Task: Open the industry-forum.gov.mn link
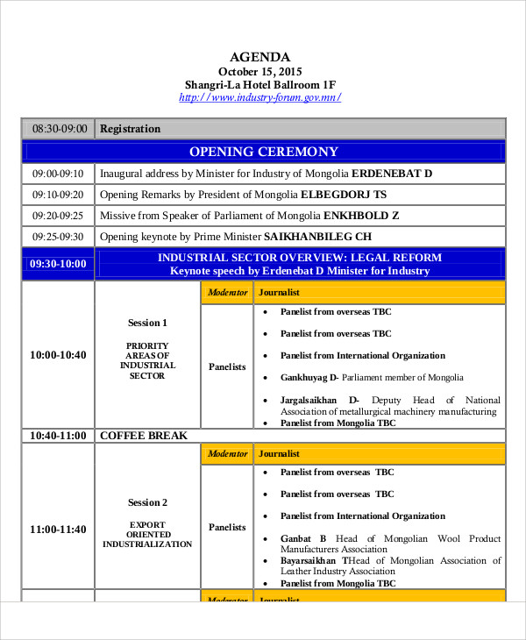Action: point(259,97)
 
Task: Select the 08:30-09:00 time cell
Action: point(60,129)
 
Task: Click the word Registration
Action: point(131,129)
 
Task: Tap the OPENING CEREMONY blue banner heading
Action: point(263,152)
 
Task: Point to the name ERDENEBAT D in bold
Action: point(392,174)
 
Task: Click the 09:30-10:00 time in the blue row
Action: point(58,264)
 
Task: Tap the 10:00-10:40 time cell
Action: point(58,355)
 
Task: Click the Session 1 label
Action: point(147,323)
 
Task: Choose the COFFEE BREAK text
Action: point(144,435)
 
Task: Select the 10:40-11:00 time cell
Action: point(58,435)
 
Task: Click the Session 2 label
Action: point(147,502)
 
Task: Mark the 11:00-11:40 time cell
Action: point(58,529)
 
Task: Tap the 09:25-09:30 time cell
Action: point(58,237)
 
